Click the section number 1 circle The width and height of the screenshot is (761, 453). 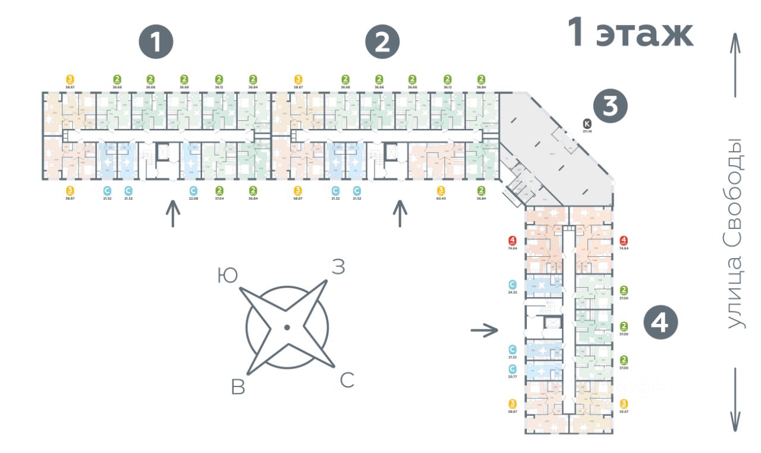[x=156, y=42]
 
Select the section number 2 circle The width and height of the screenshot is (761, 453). [x=382, y=42]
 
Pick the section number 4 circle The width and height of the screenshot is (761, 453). [x=661, y=323]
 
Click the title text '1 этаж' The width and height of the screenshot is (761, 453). [x=631, y=32]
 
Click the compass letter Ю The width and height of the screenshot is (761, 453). [x=226, y=275]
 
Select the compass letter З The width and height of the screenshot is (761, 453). [x=338, y=268]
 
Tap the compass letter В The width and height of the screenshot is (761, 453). [x=238, y=387]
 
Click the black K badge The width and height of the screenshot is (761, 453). [x=587, y=124]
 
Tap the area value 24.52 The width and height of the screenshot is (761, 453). [x=512, y=292]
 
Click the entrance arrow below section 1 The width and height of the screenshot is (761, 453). [x=173, y=214]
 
